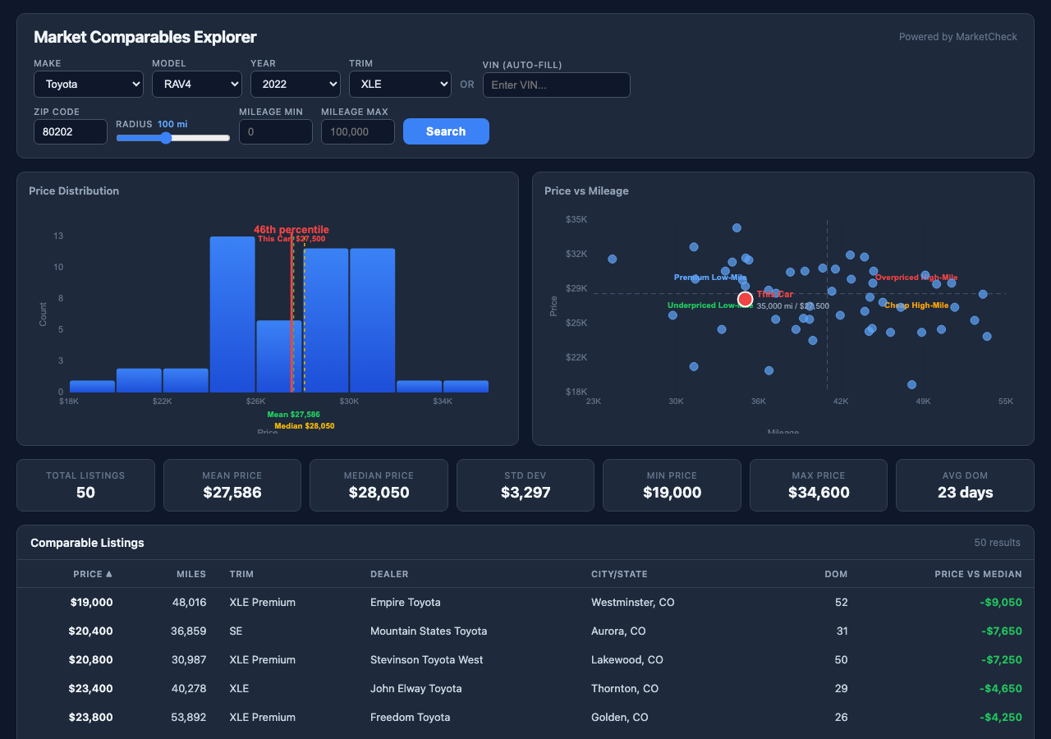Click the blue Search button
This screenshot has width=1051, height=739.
(x=446, y=131)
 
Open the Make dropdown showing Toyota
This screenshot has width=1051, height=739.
(x=89, y=85)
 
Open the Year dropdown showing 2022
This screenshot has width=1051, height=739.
(x=296, y=85)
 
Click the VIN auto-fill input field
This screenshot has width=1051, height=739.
(x=556, y=85)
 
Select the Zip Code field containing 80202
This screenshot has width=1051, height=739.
(x=70, y=131)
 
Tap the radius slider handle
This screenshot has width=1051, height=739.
(x=166, y=138)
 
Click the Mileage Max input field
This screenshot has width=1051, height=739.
(x=357, y=131)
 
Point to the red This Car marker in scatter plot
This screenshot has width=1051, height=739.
(x=745, y=299)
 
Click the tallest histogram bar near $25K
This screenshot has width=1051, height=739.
(x=232, y=314)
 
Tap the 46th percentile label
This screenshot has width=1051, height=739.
(x=291, y=230)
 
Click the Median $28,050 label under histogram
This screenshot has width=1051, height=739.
(x=304, y=426)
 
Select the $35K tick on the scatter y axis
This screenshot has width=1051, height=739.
(x=576, y=219)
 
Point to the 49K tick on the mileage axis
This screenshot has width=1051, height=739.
(x=923, y=402)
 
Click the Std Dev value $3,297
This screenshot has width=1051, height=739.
(x=525, y=493)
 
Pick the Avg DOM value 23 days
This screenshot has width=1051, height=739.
(x=965, y=493)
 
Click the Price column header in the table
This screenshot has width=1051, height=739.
(x=92, y=574)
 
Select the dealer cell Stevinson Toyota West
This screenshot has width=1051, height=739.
(x=426, y=659)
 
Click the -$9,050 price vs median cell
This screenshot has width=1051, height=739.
(x=1000, y=602)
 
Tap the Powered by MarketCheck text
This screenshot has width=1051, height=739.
(x=957, y=37)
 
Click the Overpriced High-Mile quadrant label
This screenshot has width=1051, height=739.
(x=916, y=278)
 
